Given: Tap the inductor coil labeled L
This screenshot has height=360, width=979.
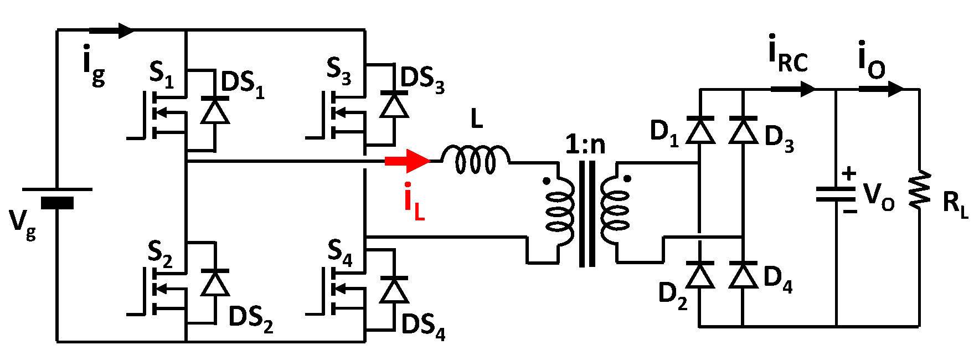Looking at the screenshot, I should (x=475, y=160).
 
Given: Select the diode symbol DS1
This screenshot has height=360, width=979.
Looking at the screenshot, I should (x=215, y=111).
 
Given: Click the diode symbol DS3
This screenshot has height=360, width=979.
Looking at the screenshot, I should (x=394, y=106).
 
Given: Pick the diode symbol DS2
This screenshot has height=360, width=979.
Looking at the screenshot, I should (x=215, y=283).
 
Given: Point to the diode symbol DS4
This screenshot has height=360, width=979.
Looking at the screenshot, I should (x=394, y=290).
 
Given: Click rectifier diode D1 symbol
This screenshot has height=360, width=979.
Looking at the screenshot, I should (x=700, y=131).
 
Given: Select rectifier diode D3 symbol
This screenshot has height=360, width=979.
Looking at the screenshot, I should (x=743, y=131).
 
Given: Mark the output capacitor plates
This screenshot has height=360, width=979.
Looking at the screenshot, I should (x=836, y=194).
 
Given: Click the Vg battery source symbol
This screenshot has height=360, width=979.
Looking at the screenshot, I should (x=57, y=197).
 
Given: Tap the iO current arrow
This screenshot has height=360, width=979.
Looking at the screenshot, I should (x=881, y=89).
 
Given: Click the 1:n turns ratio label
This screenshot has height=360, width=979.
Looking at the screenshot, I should (x=585, y=145).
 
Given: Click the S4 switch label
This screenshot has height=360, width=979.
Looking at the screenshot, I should (x=339, y=252).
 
